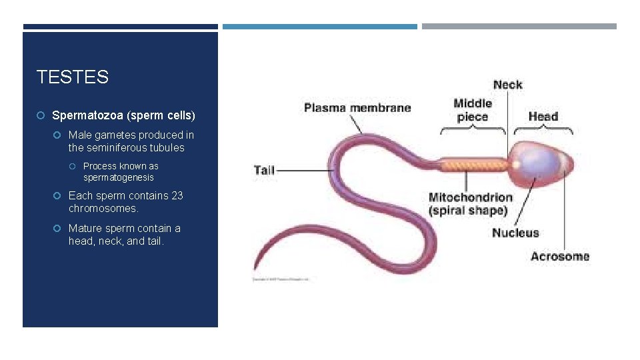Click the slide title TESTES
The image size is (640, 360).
72,77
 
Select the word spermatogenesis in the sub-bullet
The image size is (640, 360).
118,177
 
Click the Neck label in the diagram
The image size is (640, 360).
507,85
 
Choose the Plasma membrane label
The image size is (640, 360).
357,107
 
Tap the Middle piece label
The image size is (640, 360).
473,110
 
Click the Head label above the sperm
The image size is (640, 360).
543,117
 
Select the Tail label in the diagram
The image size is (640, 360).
264,170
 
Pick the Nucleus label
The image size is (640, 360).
515,233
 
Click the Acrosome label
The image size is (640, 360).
560,256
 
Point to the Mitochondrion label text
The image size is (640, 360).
470,197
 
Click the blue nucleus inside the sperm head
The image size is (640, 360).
537,163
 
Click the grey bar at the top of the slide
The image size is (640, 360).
519,27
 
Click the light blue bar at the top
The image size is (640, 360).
319,27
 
